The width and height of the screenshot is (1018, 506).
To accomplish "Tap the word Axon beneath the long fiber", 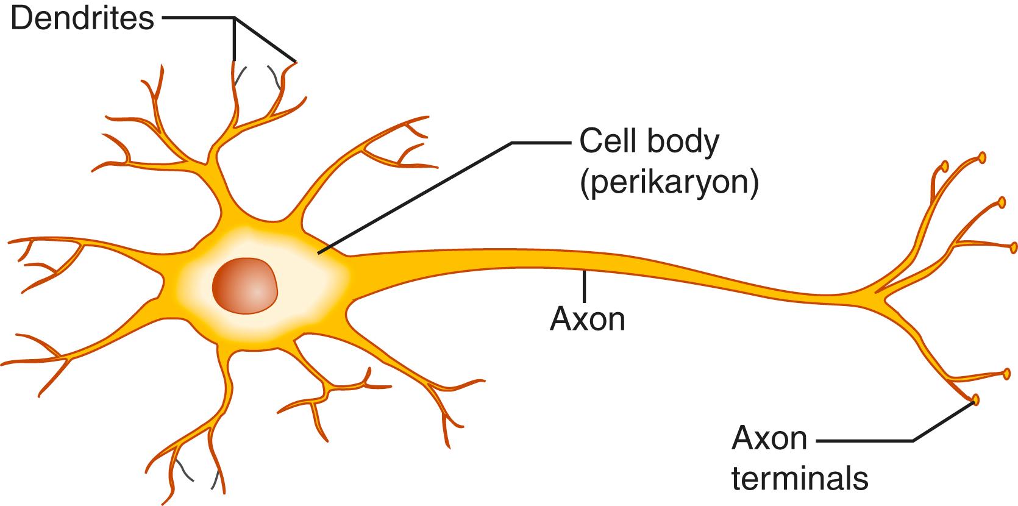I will (588, 318).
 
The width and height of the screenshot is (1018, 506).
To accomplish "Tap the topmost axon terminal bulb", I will (982, 157).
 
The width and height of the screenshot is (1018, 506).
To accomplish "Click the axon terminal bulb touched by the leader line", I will (975, 400).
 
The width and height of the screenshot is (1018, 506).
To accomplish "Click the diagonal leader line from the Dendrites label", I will (266, 40).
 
